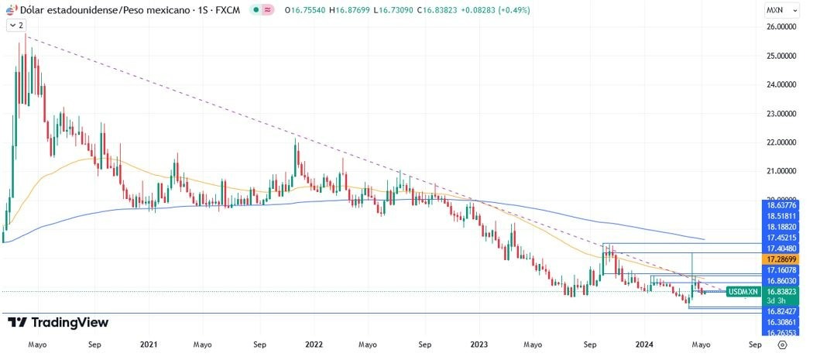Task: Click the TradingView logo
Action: [58, 322]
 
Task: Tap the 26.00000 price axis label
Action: [782, 26]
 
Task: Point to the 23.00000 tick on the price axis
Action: [782, 113]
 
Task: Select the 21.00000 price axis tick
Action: [782, 171]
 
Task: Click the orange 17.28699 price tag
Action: [782, 258]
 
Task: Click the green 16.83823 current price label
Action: [782, 291]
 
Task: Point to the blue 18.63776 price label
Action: [782, 205]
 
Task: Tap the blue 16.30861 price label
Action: [782, 321]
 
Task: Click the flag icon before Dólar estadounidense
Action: [11, 10]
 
